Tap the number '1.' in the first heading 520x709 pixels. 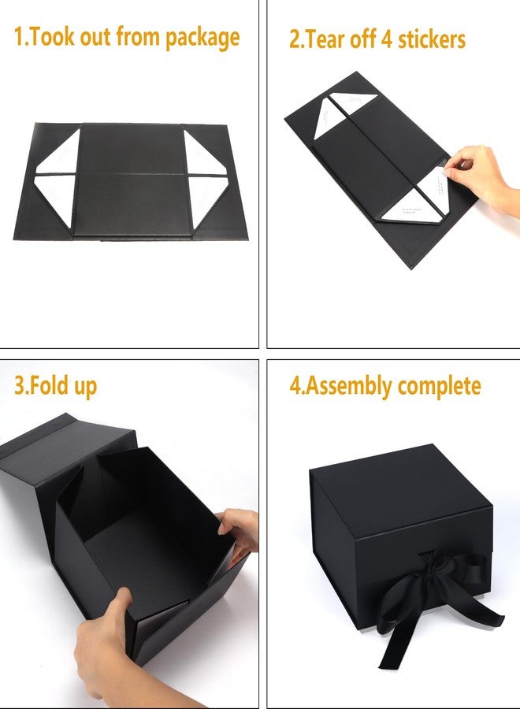(21, 36)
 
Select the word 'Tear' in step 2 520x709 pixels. (324, 39)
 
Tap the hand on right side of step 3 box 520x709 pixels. (240, 532)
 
